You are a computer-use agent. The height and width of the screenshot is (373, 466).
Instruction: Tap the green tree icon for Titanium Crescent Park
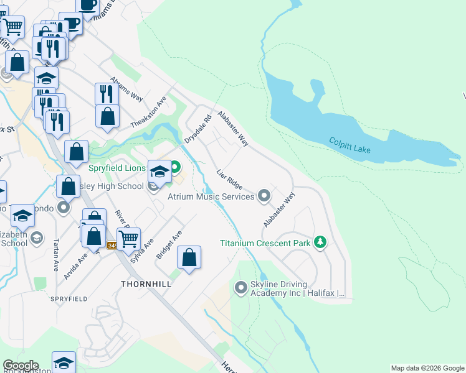[320, 242]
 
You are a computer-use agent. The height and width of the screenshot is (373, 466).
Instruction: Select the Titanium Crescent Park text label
[265, 242]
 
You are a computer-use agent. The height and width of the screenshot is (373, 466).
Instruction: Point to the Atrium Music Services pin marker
[264, 196]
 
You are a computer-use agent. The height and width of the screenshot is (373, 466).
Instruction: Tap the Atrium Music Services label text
[211, 196]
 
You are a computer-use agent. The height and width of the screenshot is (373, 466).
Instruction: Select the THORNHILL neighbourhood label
[146, 283]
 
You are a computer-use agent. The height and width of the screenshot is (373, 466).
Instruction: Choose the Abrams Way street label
[126, 90]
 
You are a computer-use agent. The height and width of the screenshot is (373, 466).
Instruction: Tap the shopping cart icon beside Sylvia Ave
[129, 239]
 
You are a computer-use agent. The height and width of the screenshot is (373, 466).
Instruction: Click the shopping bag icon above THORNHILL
[189, 257]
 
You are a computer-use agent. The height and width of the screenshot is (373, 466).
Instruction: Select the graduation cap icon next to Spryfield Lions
[159, 171]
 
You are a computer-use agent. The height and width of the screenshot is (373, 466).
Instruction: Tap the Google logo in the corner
[20, 366]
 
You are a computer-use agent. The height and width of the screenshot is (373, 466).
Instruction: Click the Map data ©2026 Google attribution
[427, 368]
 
